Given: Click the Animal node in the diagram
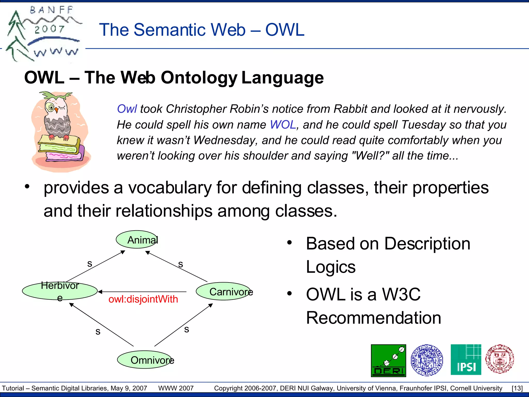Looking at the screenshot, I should pyautogui.click(x=137, y=239).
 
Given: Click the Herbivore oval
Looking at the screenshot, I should pyautogui.click(x=60, y=291).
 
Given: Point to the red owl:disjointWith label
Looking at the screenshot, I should pyautogui.click(x=143, y=299).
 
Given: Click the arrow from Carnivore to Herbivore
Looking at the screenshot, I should pyautogui.click(x=142, y=292).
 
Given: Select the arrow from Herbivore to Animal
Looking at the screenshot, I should pyautogui.click(x=96, y=266).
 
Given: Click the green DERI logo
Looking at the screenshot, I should pyautogui.click(x=388, y=361).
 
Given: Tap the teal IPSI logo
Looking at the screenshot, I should pyautogui.click(x=466, y=360).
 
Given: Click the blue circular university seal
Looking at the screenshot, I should pyautogui.click(x=427, y=360).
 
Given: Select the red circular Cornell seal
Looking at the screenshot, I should pyautogui.click(x=500, y=359).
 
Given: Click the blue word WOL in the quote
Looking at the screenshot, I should pyautogui.click(x=283, y=125).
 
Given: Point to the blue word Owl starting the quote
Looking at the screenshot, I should pyautogui.click(x=127, y=109).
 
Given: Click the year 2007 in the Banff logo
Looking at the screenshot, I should pyautogui.click(x=49, y=29).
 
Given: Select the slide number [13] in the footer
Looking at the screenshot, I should pyautogui.click(x=517, y=388).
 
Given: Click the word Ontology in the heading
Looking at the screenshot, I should pyautogui.click(x=199, y=78).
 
